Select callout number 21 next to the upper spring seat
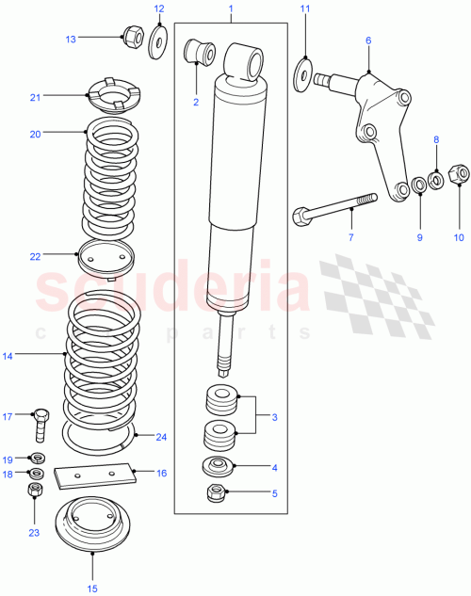[x=35, y=96]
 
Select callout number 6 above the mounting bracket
[x=368, y=40]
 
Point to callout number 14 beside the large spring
[x=9, y=356]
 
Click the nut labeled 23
[x=35, y=491]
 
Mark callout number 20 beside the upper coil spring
[x=35, y=134]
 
